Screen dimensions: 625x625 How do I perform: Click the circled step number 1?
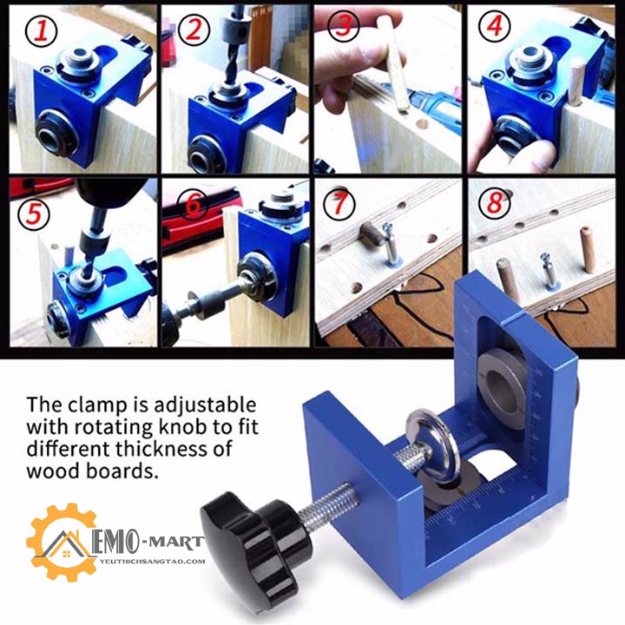coord(41,31)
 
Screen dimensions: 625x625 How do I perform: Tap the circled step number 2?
coord(194,30)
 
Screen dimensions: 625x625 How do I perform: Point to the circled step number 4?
coord(494,26)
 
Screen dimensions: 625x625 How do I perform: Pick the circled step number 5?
coord(34,214)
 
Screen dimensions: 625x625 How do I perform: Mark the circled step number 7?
coord(339,204)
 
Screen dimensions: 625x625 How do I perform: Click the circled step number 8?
coord(495,203)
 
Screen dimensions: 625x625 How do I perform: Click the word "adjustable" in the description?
coord(205,405)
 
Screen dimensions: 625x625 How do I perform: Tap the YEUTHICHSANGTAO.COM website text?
coord(153,562)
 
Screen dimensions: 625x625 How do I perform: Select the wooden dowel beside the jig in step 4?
coord(575,82)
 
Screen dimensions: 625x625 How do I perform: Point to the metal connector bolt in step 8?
coord(548,270)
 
